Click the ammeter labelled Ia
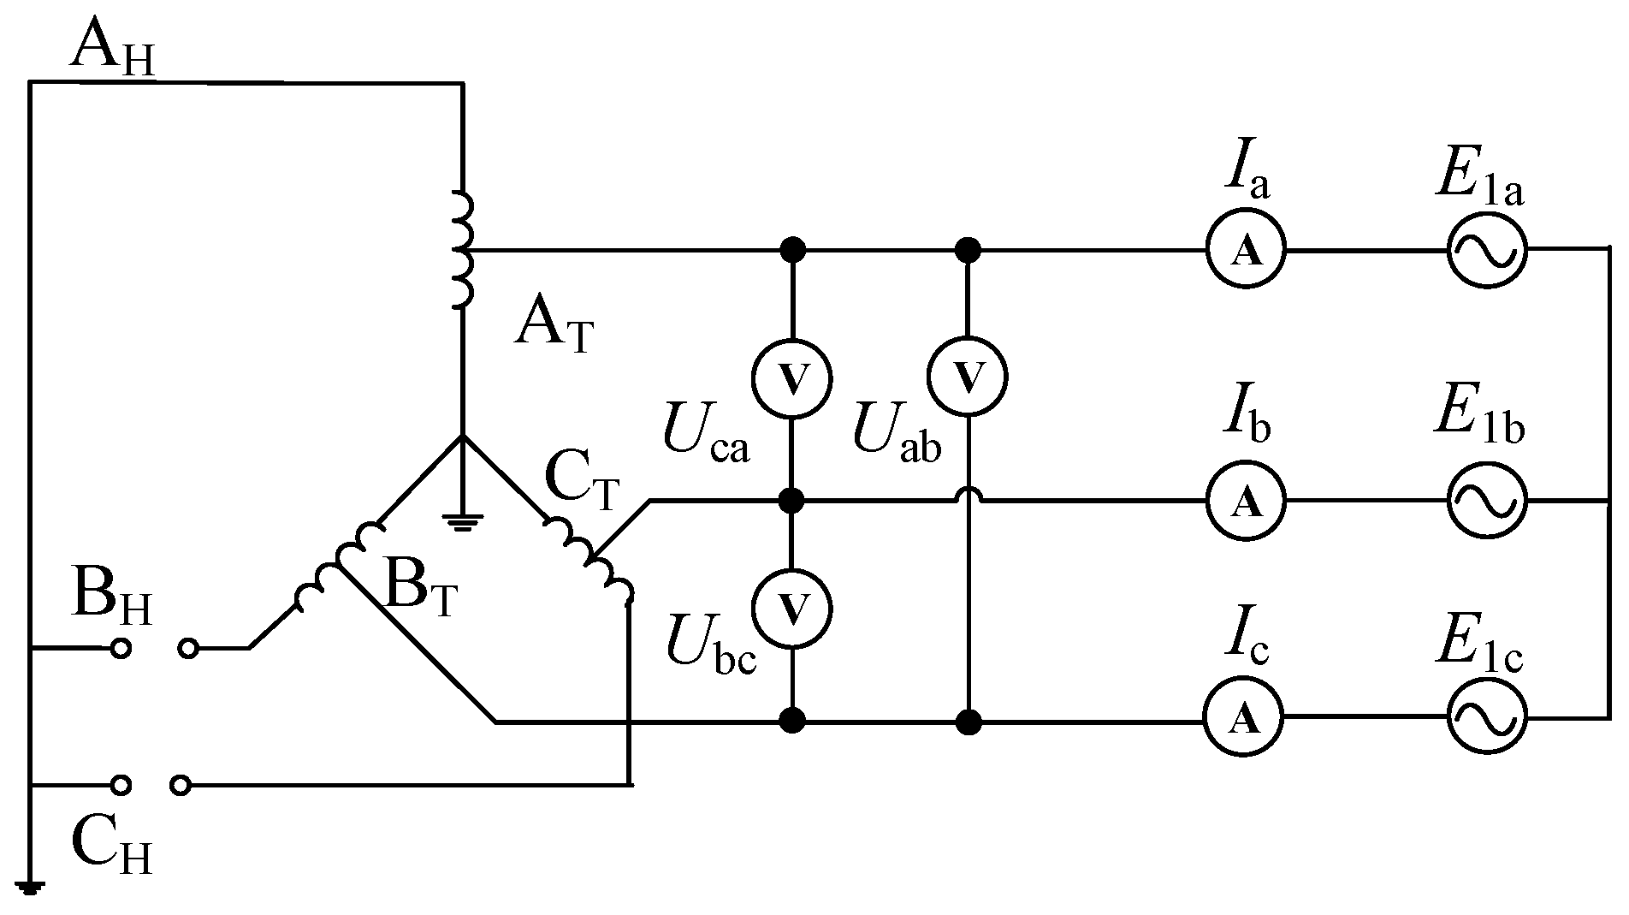(1246, 251)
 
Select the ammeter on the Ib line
(1246, 501)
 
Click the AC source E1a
(1486, 251)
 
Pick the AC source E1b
(1486, 501)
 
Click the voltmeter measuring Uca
(792, 377)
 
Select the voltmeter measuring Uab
(969, 377)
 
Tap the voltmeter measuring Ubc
(792, 609)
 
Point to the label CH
(112, 843)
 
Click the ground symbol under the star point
(463, 521)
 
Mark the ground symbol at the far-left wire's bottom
(30, 888)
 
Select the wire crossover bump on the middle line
(969, 495)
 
